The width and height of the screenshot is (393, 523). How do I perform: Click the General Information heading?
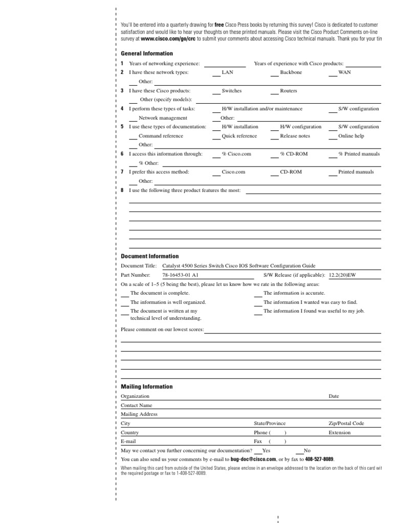coord(147,54)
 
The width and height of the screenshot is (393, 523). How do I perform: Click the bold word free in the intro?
coord(220,25)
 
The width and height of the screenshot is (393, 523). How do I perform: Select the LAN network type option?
coord(227,73)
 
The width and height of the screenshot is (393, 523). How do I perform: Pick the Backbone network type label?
coord(291,73)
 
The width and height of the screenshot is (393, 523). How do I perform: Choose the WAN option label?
coord(344,73)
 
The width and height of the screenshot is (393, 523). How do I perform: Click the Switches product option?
coord(231,90)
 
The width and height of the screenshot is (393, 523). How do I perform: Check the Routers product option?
coord(288,90)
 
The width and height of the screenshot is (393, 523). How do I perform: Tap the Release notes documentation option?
coord(295,136)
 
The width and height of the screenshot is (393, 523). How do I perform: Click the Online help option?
coord(351,136)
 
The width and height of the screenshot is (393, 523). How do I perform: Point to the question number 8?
coord(122,190)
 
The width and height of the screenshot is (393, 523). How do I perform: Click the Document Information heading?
coord(150,256)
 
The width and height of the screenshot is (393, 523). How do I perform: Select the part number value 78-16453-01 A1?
coord(180,275)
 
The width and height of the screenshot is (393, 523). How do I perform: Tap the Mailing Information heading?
coord(147,387)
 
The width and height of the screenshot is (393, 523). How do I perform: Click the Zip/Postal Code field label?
coord(346,423)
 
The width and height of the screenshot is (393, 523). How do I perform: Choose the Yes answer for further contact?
coord(266,451)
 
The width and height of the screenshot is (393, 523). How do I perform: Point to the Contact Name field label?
coord(137,405)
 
